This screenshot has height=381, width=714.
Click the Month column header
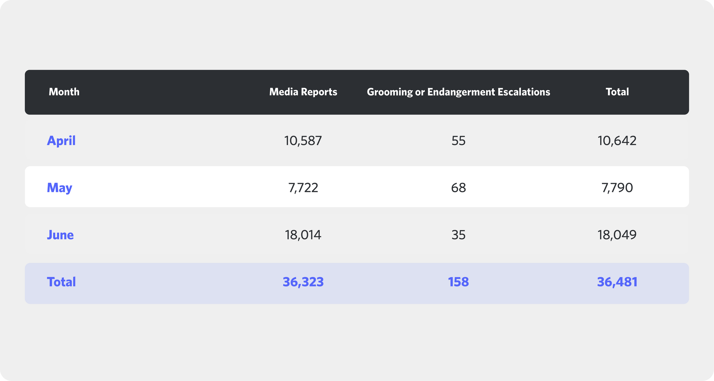pos(64,92)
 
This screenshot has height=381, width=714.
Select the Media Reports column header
pos(303,92)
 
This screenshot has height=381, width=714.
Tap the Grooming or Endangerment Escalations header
pos(458,92)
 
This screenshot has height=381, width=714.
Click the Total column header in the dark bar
pos(617,92)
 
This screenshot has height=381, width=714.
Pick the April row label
pos(61,141)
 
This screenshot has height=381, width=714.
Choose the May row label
pos(60,188)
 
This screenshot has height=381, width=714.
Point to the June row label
pos(60,235)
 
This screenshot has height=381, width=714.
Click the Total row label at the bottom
pos(62,282)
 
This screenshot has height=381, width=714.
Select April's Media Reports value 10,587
pos(303,141)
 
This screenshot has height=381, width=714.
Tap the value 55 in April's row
pos(458,141)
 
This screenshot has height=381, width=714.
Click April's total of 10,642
pos(617,141)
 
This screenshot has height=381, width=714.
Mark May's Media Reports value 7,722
pos(303,188)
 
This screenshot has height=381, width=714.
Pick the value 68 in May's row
pos(458,188)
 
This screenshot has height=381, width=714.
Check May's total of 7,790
pos(617,188)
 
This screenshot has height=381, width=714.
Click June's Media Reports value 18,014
pos(303,235)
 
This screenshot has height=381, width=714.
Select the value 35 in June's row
pos(458,235)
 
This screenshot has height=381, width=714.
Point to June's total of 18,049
pos(617,235)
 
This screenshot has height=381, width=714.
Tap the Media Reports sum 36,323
pos(303,282)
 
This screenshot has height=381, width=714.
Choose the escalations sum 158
pos(458,282)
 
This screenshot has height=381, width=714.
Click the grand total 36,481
pos(617,282)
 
